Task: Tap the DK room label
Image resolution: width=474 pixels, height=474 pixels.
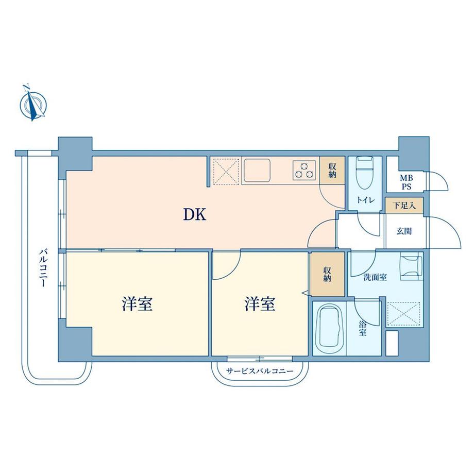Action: pos(195,215)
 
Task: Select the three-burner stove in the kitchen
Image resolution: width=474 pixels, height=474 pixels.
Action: pos(304,170)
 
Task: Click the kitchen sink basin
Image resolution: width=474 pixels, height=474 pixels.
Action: pos(258,170)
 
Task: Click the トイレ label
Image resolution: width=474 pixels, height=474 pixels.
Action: pos(365,200)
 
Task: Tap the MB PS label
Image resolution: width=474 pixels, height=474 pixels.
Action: pos(407,182)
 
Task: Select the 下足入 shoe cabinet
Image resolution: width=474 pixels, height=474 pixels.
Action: pos(404,206)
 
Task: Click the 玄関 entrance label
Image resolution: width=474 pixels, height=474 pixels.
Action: pos(404,231)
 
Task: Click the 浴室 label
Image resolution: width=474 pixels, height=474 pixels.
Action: pos(363,329)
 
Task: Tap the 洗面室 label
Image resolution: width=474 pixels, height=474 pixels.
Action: pos(375,277)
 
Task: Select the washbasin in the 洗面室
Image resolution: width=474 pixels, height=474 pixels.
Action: pos(411,268)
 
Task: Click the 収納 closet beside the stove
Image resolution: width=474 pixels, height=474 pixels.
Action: pos(332,170)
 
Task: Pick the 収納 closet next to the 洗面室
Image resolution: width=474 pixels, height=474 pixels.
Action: pos(327,275)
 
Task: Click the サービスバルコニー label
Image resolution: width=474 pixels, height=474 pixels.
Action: pos(260,371)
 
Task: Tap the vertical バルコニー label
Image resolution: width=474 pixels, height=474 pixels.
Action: pos(43,267)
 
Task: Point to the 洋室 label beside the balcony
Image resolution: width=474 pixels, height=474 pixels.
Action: pos(137,304)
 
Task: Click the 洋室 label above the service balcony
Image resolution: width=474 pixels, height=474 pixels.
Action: pos(260,304)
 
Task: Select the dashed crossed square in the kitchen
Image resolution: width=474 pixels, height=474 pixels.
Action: pos(226,172)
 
